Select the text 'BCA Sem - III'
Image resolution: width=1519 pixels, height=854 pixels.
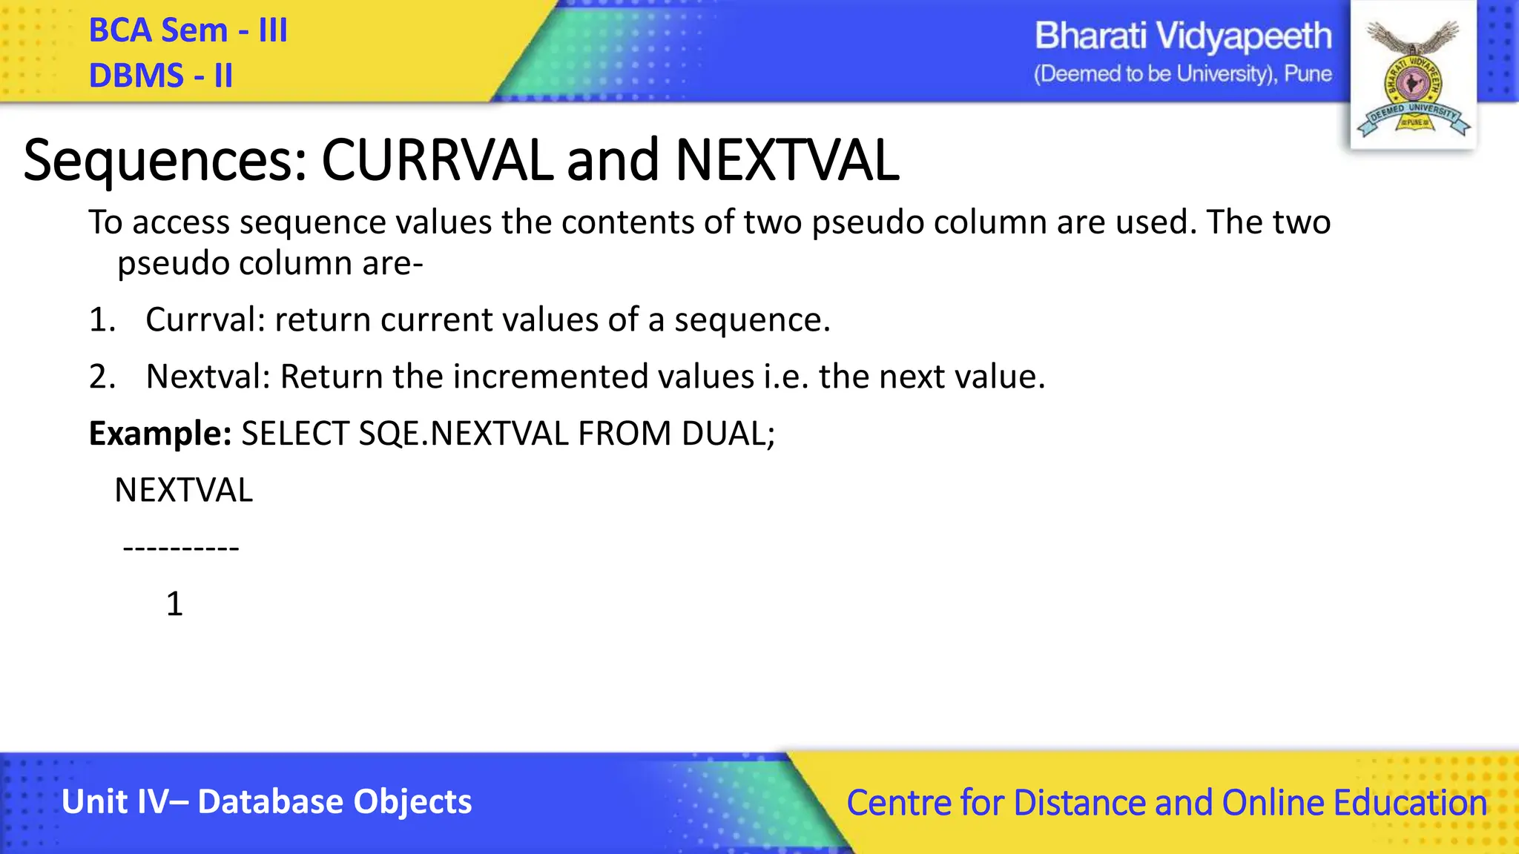[188, 30]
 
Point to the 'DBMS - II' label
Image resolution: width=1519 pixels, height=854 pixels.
[160, 76]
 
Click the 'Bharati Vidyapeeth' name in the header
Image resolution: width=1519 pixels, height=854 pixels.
[1183, 36]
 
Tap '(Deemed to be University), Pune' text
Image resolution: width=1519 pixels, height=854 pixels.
[1183, 74]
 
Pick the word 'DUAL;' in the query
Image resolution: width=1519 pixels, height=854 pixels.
[728, 434]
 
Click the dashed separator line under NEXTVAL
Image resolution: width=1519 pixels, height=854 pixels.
[181, 549]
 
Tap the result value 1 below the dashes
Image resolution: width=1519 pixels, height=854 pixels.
[174, 604]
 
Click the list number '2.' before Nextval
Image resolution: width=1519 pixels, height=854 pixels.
[102, 377]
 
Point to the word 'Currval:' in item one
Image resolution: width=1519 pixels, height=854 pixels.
[205, 320]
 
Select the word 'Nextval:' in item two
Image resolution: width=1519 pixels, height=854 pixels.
[208, 377]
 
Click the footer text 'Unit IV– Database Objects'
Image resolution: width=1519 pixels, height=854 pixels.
[266, 802]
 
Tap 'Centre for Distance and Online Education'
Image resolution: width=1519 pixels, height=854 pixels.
[1167, 803]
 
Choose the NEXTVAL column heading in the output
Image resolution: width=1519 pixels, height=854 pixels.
[183, 491]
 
